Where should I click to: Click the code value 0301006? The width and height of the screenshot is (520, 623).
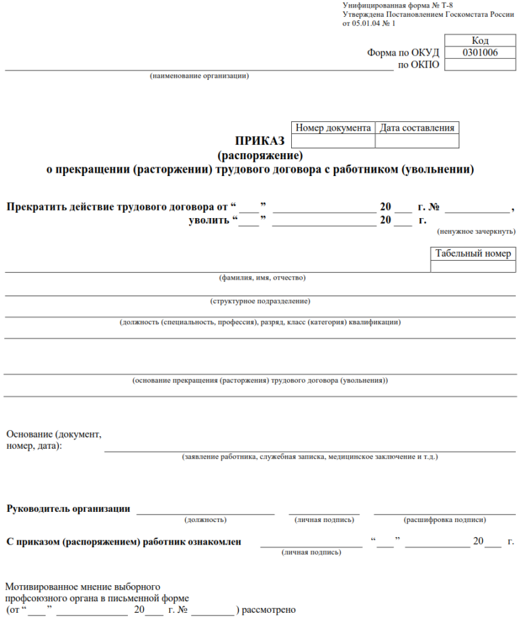point(480,52)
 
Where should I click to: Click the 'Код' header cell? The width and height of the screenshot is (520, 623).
point(480,41)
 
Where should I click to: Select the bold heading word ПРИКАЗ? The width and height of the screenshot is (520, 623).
point(261,141)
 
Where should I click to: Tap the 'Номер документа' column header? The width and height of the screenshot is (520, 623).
point(333,127)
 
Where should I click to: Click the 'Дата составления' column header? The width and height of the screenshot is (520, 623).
point(416,127)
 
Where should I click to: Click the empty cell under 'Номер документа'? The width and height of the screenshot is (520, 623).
point(333,141)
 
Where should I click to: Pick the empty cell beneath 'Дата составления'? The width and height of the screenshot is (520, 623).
point(416,141)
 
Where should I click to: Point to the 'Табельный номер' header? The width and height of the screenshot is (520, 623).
point(473,254)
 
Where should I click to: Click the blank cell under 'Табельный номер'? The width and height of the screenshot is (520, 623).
point(473,267)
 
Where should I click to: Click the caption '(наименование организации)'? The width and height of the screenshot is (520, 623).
point(199,75)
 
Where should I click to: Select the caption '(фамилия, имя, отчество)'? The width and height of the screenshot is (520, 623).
point(262,278)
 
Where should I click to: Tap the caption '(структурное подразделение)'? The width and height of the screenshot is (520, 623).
point(260,300)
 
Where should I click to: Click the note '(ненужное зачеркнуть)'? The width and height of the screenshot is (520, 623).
point(476,231)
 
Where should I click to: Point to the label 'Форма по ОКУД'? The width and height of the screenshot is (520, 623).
point(404,53)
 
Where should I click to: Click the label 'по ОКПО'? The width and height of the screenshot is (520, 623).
point(418,64)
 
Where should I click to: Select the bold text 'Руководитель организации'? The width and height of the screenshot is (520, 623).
point(68,509)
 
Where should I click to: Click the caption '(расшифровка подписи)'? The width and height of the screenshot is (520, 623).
point(444,520)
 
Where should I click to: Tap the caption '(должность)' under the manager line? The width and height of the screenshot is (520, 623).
point(205,520)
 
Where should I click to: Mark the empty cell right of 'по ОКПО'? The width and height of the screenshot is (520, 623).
point(480,64)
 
